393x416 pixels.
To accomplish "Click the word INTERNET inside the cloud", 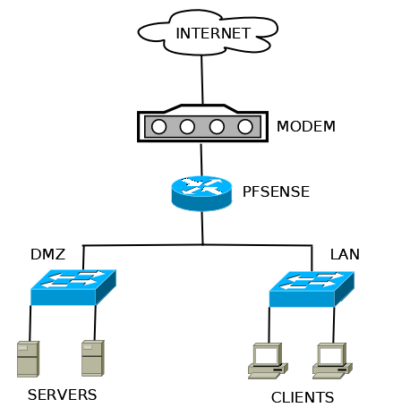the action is tap(213, 33).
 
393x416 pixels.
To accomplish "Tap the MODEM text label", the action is tap(306, 126).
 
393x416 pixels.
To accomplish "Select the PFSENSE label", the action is tap(276, 191).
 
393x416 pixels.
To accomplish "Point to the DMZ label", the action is tap(47, 254).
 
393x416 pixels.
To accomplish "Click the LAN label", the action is tap(345, 254).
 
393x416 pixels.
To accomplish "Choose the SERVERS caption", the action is tap(63, 395).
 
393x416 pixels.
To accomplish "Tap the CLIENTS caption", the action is tap(303, 397).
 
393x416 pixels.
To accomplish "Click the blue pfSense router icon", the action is tap(201, 193).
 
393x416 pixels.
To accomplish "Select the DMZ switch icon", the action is tap(73, 287).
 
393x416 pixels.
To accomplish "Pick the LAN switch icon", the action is tap(312, 289).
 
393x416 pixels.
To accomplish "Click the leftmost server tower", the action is tap(29, 359).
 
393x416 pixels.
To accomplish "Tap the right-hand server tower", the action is tap(93, 358).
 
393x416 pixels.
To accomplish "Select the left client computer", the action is tap(268, 361).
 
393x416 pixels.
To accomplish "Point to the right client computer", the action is tap(332, 361).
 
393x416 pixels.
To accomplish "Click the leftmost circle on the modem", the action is tap(158, 127).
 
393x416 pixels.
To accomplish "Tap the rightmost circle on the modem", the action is tap(245, 127).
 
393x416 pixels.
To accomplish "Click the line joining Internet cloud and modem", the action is tap(202, 80).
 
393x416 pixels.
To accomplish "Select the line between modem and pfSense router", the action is tap(201, 160).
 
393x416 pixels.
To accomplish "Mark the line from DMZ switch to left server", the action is tap(30, 323).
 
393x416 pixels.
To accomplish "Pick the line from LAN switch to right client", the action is tap(334, 325).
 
